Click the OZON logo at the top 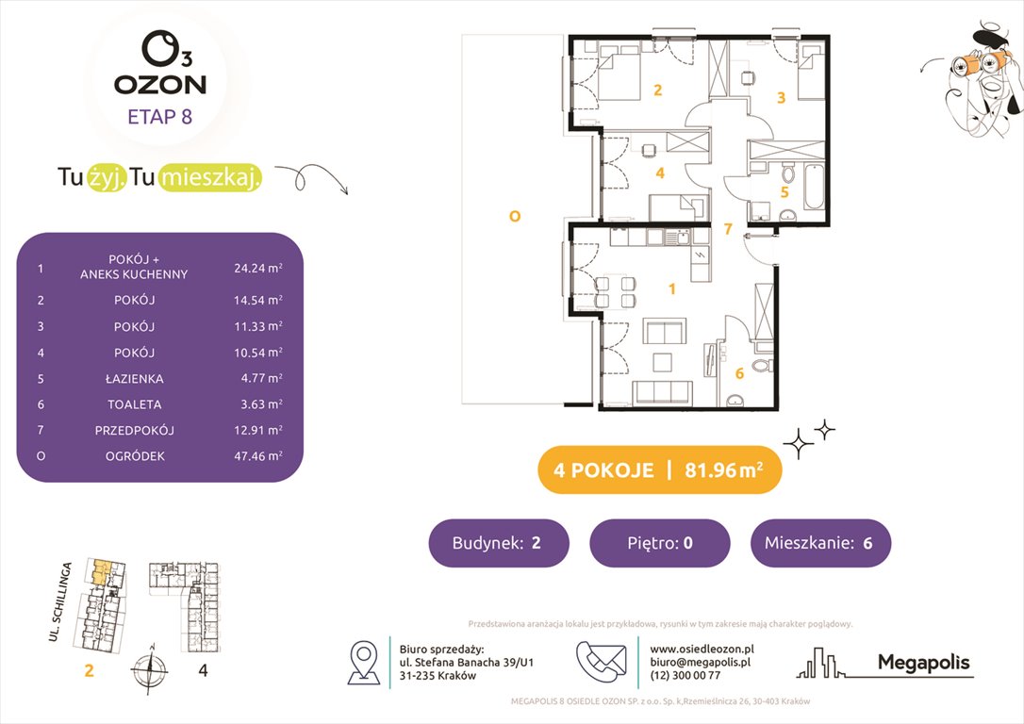tap(160, 66)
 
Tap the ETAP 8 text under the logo tap(160, 118)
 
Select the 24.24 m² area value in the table tap(257, 268)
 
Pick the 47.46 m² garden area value tap(257, 456)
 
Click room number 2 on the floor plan tap(657, 90)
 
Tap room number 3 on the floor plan tap(780, 96)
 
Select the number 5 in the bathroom tap(784, 191)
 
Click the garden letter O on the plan tap(514, 216)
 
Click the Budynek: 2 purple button tap(499, 543)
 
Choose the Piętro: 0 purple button tap(659, 543)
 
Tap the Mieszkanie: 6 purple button tap(820, 543)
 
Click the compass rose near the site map tap(147, 674)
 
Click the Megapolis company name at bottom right tap(923, 663)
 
